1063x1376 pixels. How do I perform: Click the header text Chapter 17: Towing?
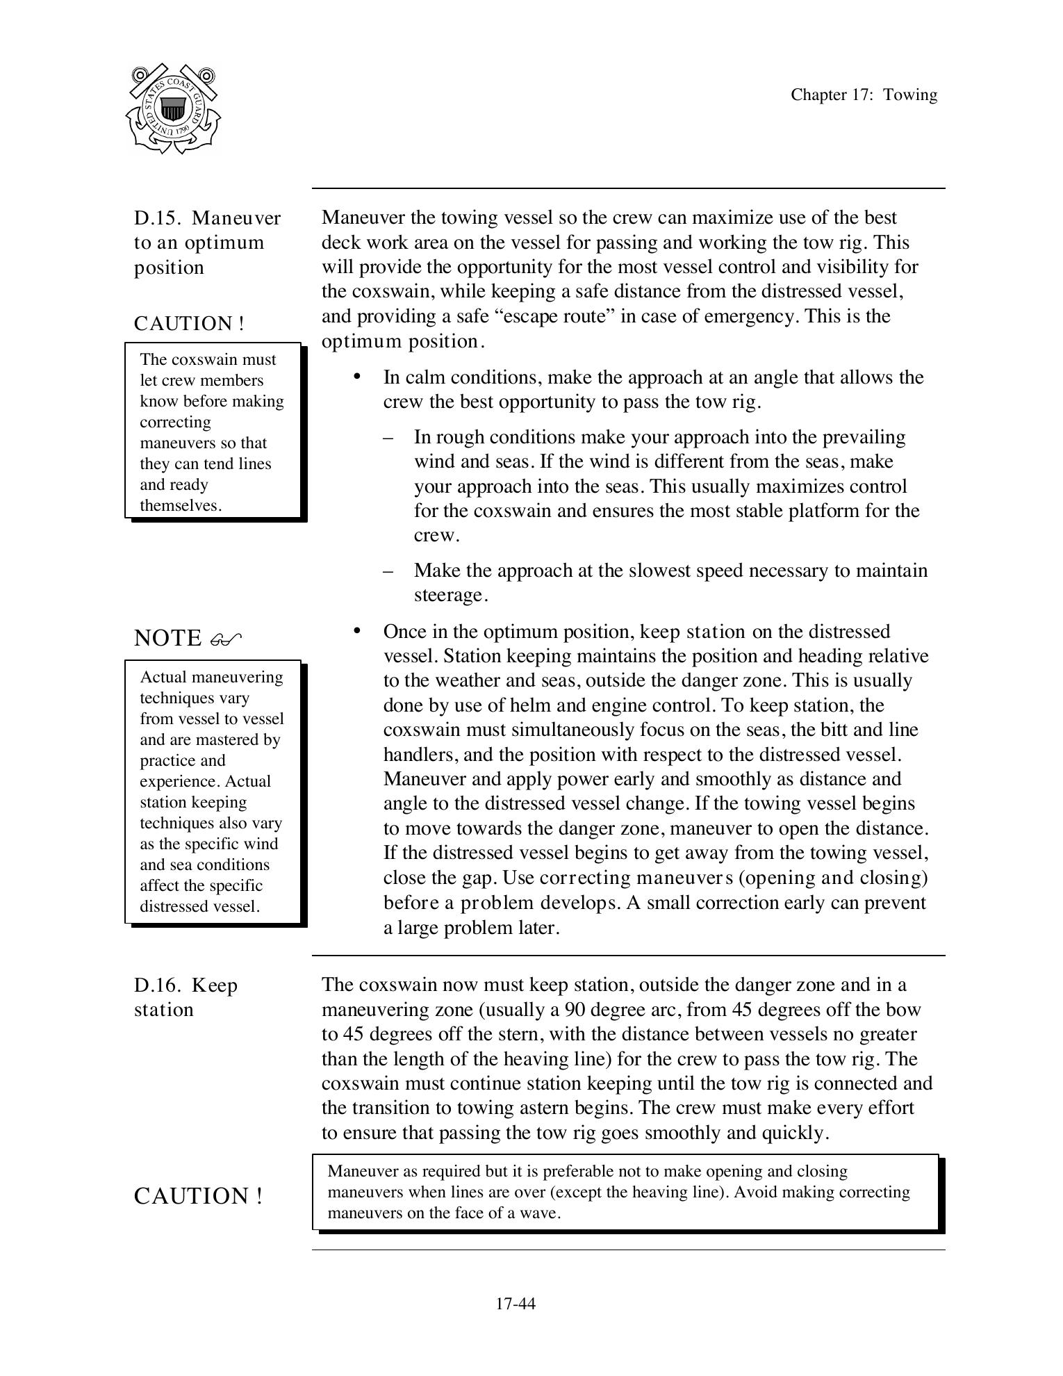pos(864,95)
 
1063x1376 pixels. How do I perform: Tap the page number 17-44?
pos(515,1304)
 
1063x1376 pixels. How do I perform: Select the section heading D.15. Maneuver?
pos(207,218)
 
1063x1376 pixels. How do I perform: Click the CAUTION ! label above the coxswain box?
pos(189,324)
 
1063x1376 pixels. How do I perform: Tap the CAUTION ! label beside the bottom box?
pos(198,1196)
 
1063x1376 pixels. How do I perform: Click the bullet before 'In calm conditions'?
pos(357,377)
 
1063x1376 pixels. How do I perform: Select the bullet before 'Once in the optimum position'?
pos(357,630)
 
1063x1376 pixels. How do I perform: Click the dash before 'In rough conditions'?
pos(388,438)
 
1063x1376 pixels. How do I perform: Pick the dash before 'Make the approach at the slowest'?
pos(388,571)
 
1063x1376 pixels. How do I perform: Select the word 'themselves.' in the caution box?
pos(181,506)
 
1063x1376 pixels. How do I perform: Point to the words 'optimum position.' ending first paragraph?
pos(402,341)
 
